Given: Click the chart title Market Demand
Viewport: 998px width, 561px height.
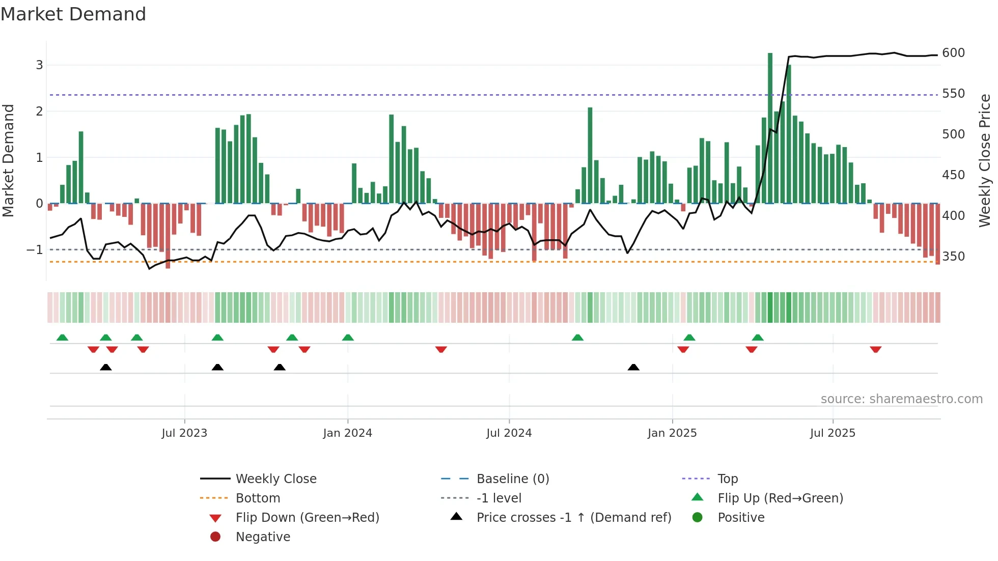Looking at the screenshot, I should click(73, 14).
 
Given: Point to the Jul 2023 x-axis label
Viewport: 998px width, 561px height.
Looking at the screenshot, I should click(184, 433).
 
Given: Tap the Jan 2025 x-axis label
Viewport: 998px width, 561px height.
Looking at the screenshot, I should click(672, 433).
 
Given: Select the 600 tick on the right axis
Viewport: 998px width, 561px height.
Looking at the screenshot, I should click(953, 53).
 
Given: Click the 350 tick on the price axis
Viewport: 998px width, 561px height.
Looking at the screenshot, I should click(953, 257).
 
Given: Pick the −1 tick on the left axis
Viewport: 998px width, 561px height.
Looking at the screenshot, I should click(35, 250).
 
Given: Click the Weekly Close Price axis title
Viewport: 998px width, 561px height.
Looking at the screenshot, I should click(985, 160).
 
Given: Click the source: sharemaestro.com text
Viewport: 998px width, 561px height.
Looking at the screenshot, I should click(901, 399).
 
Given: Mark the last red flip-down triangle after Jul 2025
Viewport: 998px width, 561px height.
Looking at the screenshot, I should click(875, 349).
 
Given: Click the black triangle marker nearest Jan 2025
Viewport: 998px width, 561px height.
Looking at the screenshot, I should click(633, 367).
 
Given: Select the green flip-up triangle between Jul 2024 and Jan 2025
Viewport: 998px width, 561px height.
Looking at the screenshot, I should click(577, 338).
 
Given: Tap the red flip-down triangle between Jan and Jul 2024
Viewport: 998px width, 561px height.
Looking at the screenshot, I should click(441, 349).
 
